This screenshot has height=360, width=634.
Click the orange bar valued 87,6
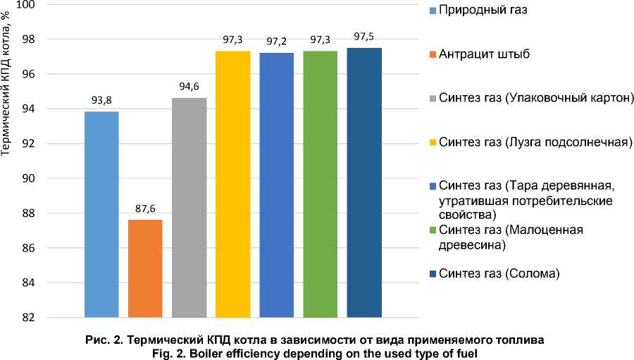click(146, 268)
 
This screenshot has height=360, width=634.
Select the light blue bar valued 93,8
click(101, 214)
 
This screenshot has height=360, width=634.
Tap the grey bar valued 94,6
click(189, 207)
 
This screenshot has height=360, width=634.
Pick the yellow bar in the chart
click(233, 184)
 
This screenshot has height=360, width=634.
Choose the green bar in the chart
click(321, 184)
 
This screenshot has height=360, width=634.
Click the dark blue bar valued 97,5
click(364, 182)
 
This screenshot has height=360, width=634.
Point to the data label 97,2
click(277, 42)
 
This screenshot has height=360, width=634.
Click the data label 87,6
click(146, 209)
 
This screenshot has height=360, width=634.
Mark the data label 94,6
click(189, 87)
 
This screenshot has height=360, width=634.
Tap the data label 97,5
click(364, 37)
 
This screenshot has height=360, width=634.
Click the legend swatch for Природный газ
click(431, 11)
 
